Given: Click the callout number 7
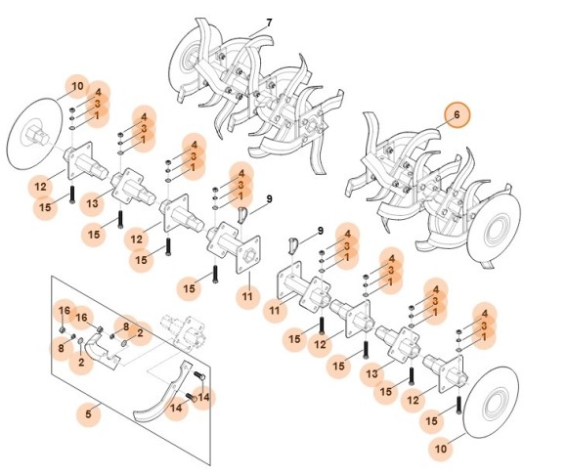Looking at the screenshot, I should click(269, 22).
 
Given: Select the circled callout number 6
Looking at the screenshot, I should click(456, 115).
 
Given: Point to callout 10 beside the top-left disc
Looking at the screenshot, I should click(78, 87).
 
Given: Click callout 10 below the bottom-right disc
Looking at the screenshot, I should click(441, 448).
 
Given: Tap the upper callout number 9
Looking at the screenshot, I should click(269, 198).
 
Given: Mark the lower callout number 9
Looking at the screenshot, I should click(318, 231).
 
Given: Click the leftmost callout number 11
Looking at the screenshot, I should click(246, 296).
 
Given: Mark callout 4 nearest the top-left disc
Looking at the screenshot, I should click(98, 93).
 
